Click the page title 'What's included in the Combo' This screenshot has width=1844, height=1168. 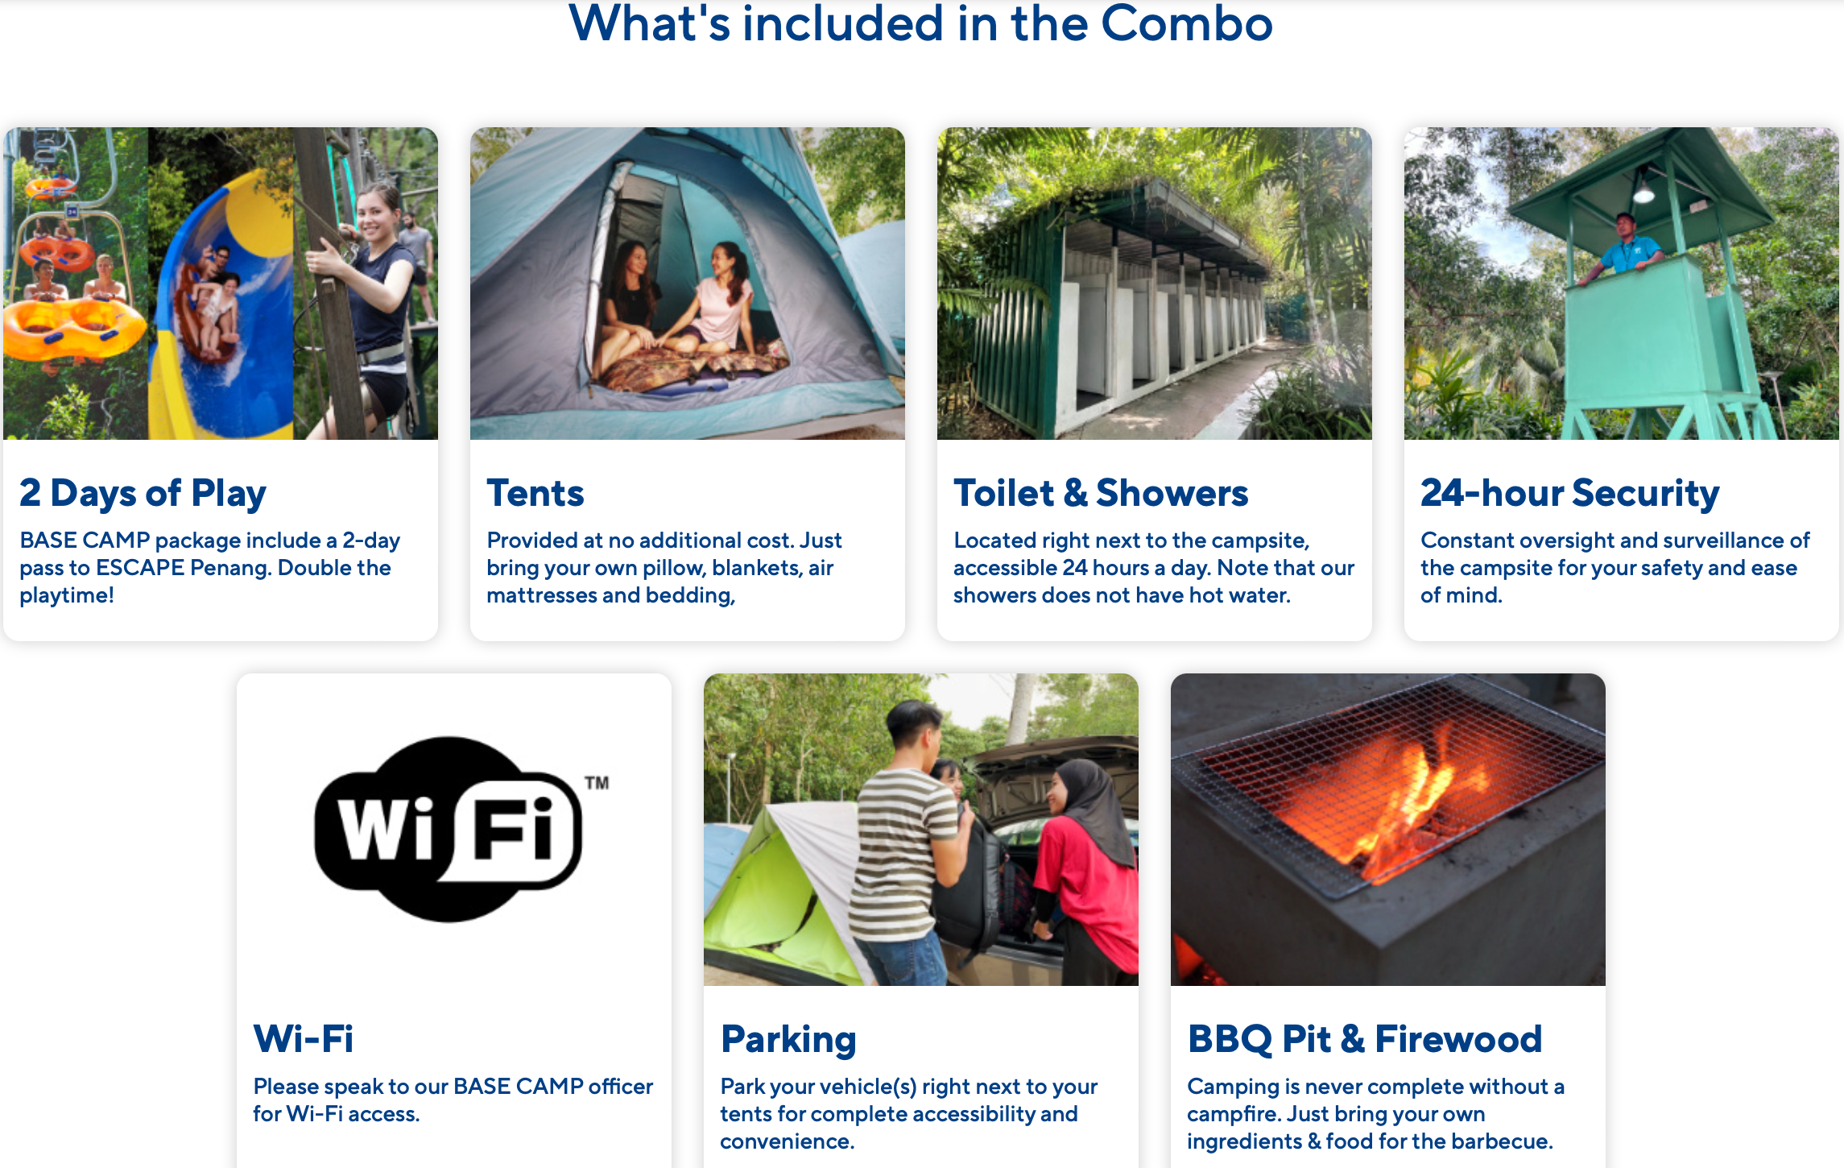920,24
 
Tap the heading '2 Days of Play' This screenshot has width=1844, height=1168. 143,493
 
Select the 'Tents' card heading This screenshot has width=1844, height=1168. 535,493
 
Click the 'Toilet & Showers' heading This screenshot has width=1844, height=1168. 1101,493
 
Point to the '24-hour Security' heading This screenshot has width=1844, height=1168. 1570,493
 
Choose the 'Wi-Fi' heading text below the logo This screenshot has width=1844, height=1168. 304,1039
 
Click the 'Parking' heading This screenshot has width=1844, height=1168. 788,1040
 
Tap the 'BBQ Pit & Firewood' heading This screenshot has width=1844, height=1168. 1365,1039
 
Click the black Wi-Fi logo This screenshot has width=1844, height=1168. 448,830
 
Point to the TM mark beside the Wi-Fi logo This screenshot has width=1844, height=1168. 597,783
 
